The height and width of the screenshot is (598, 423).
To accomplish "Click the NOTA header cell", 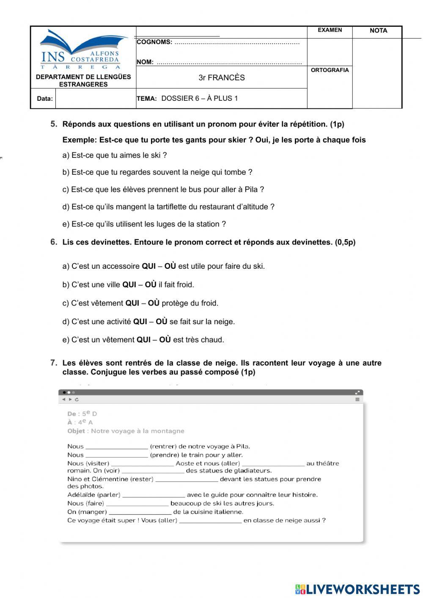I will pyautogui.click(x=378, y=30).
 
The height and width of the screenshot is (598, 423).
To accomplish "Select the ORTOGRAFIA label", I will pyautogui.click(x=330, y=70).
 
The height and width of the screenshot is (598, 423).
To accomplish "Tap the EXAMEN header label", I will pyautogui.click(x=330, y=30).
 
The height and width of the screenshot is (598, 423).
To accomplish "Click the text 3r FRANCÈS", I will pyautogui.click(x=222, y=77).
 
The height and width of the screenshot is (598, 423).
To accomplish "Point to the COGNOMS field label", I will pyautogui.click(x=154, y=42).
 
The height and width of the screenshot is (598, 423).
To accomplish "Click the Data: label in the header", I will pyautogui.click(x=44, y=99).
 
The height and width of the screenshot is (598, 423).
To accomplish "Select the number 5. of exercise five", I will pyautogui.click(x=54, y=124).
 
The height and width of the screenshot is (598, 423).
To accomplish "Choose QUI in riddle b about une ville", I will pyautogui.click(x=129, y=285).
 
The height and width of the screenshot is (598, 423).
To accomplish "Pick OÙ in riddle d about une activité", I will pyautogui.click(x=162, y=322).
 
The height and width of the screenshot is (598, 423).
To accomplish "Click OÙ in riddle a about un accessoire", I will pyautogui.click(x=170, y=266).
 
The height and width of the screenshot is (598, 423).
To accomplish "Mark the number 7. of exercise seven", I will pyautogui.click(x=54, y=363).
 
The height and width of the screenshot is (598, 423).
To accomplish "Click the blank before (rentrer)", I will pyautogui.click(x=117, y=446).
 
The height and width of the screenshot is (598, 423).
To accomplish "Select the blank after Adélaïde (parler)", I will pyautogui.click(x=154, y=495).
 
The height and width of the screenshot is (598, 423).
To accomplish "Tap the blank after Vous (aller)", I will pyautogui.click(x=210, y=521).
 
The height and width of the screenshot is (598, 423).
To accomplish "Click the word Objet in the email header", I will pyautogui.click(x=76, y=431).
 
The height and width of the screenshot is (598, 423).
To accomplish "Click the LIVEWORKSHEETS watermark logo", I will pyautogui.click(x=357, y=589).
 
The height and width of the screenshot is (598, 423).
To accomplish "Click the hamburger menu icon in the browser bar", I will pyautogui.click(x=357, y=399).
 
